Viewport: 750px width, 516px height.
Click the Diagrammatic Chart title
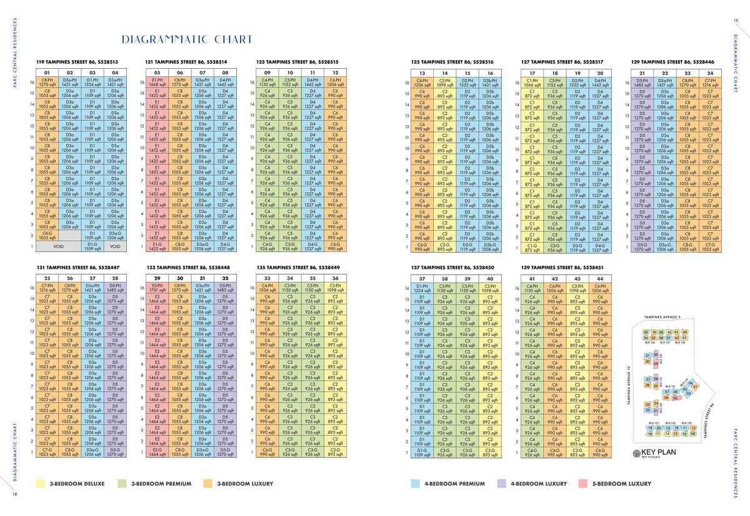[187, 40]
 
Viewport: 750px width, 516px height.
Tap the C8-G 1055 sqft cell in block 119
[46, 236]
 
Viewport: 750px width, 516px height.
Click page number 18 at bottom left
[13, 495]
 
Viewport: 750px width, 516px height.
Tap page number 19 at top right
[736, 21]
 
